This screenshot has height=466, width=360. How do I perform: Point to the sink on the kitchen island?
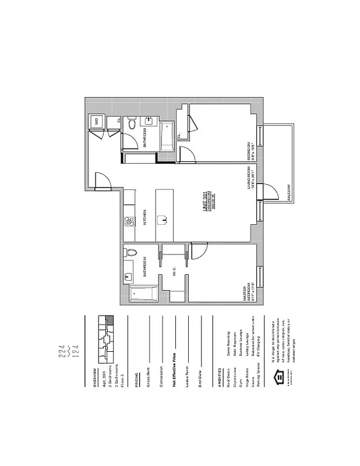[x=165, y=220]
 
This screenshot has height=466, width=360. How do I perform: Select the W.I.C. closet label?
[x=174, y=271]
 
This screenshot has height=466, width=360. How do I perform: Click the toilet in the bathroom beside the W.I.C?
[x=131, y=253]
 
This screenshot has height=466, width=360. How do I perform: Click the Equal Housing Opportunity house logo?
[x=280, y=377]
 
